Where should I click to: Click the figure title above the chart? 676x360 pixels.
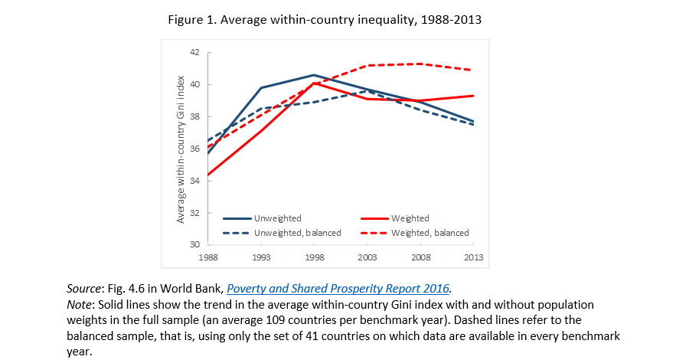click(x=325, y=19)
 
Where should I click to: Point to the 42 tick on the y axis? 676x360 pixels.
click(x=194, y=52)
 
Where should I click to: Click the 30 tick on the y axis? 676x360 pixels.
click(x=194, y=244)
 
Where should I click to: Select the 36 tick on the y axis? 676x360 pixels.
click(x=194, y=149)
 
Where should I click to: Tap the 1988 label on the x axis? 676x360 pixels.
click(x=208, y=257)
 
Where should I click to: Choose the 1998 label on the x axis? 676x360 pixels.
click(x=314, y=257)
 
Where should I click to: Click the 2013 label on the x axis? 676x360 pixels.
click(x=473, y=257)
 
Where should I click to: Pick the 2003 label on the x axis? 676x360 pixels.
click(x=367, y=257)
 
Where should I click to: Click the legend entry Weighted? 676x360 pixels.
click(x=410, y=218)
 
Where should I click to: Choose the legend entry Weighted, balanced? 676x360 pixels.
click(x=429, y=232)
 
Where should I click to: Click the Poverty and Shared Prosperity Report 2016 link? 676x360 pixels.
click(x=338, y=288)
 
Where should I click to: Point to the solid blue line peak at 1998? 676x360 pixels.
click(x=314, y=75)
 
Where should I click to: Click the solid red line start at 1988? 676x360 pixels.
click(x=209, y=175)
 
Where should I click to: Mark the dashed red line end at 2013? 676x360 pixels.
click(x=472, y=70)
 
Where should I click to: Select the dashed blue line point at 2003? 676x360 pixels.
click(x=367, y=91)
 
